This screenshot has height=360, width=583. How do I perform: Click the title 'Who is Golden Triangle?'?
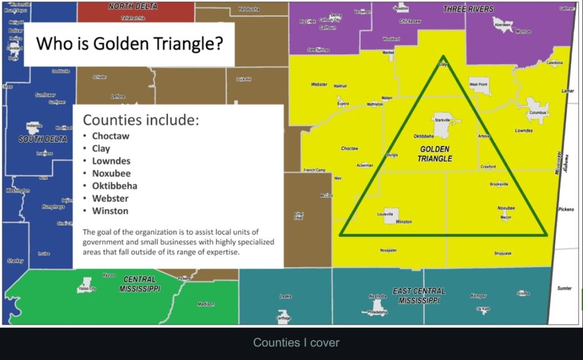pyautogui.click(x=129, y=43)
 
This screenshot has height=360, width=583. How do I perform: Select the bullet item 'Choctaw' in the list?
pyautogui.click(x=111, y=136)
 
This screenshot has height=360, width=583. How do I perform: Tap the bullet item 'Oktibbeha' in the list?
pyautogui.click(x=114, y=186)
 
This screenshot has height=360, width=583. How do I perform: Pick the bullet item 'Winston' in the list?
pyautogui.click(x=110, y=211)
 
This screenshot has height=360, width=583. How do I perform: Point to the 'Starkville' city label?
pyautogui.click(x=442, y=121)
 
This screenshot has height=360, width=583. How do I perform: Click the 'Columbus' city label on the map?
pyautogui.click(x=537, y=113)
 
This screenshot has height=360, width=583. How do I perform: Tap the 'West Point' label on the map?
pyautogui.click(x=478, y=84)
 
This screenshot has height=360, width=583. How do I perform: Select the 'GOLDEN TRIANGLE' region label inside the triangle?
pyautogui.click(x=435, y=153)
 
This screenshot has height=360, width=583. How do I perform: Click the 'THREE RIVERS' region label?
pyautogui.click(x=468, y=9)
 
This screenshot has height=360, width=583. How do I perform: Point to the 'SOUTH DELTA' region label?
pyautogui.click(x=43, y=139)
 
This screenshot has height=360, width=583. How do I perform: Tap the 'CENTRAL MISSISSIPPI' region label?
pyautogui.click(x=139, y=284)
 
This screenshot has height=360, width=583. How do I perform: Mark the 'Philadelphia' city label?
pyautogui.click(x=377, y=312)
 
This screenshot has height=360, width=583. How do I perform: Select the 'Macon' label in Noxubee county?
pyautogui.click(x=506, y=218)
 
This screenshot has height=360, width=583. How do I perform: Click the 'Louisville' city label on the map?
pyautogui.click(x=385, y=215)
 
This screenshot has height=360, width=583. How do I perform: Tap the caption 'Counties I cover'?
pyautogui.click(x=296, y=342)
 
